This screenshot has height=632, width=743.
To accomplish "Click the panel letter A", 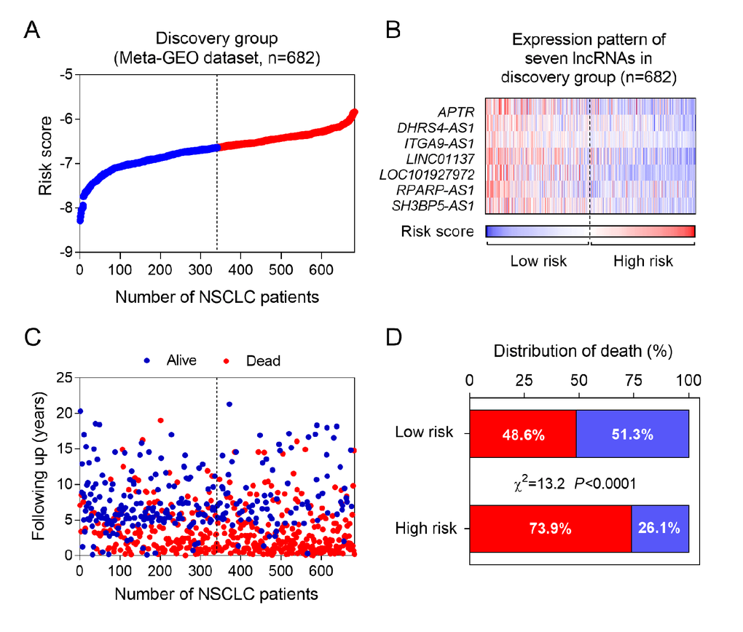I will (x=32, y=30).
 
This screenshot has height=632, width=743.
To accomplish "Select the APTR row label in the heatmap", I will (x=457, y=111).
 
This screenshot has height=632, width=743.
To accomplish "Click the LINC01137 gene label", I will (x=436, y=159).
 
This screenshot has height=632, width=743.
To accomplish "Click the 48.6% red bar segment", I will (x=522, y=434).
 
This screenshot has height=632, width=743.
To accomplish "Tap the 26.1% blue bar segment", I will (x=660, y=528).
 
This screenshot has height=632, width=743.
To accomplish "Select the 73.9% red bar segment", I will (x=550, y=528).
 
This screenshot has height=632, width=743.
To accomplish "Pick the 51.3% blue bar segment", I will (x=632, y=434).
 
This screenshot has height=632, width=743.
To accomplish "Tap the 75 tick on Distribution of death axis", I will (x=633, y=379).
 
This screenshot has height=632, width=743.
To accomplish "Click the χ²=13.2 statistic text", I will (x=542, y=481).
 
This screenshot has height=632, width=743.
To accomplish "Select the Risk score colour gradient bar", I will (x=590, y=232).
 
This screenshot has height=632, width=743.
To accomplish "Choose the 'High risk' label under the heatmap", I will (x=642, y=261).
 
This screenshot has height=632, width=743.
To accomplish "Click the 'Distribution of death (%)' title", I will (x=583, y=351).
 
